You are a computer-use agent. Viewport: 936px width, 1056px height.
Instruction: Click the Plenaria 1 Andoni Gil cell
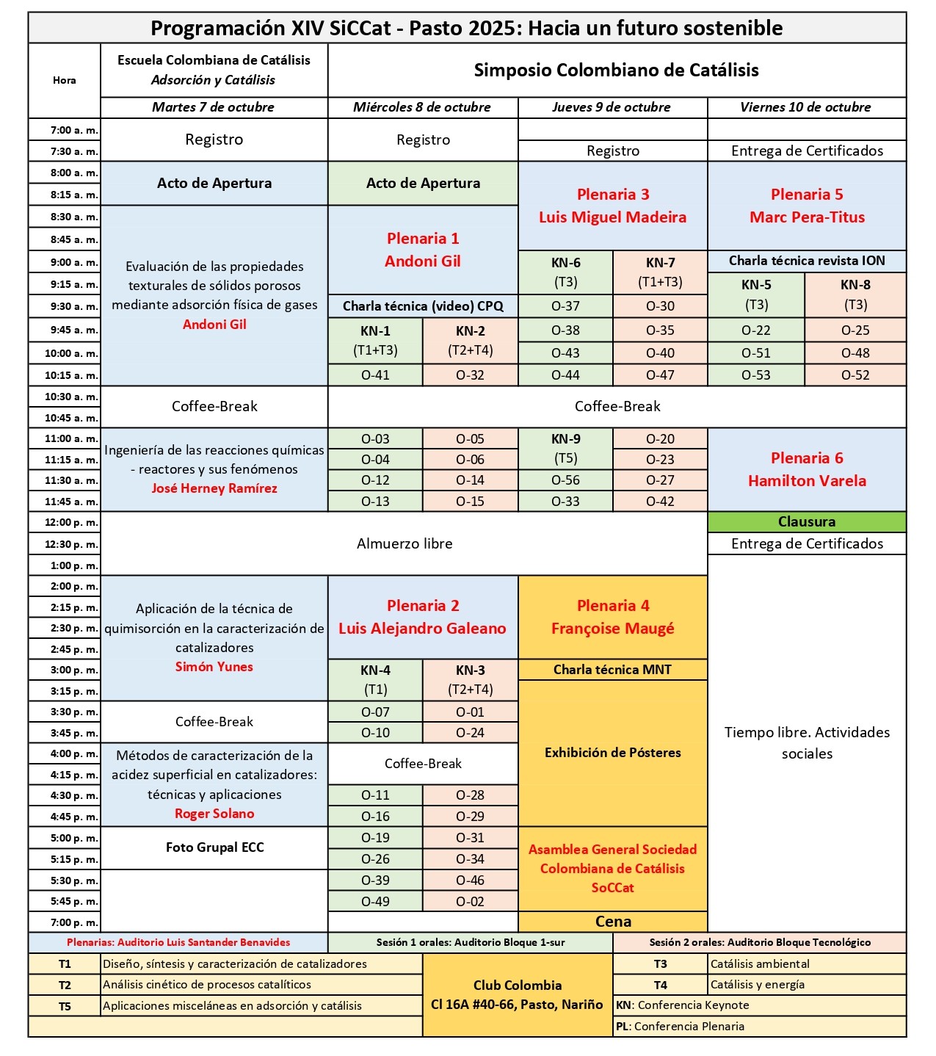pos(423,250)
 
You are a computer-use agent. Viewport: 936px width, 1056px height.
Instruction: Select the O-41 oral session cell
pos(375,375)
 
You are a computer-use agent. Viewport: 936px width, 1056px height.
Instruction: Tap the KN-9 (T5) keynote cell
pos(565,449)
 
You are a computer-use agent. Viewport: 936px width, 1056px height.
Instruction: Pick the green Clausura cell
pos(807,522)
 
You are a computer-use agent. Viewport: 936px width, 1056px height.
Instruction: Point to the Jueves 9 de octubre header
pos(612,107)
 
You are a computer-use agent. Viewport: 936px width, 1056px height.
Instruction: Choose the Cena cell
pos(613,922)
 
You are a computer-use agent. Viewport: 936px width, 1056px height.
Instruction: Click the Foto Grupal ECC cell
pos(214,847)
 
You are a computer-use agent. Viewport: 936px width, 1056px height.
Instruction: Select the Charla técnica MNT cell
pos(612,670)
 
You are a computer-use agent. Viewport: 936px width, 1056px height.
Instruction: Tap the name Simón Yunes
pos(214,667)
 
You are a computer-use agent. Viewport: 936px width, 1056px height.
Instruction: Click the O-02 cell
pos(470,902)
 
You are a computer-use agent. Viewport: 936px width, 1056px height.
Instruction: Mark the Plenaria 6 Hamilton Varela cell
pos(807,469)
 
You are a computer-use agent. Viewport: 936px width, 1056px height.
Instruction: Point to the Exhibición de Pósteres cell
pos(612,753)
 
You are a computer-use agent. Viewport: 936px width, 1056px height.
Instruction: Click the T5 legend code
pos(65,1006)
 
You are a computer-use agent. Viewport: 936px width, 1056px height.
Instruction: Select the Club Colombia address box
pos(518,995)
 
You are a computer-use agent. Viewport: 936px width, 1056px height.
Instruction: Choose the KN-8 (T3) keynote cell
pos(855,294)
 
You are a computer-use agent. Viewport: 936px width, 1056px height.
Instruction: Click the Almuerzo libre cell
pos(404,543)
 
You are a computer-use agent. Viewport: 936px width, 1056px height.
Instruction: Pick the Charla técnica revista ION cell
pos(807,261)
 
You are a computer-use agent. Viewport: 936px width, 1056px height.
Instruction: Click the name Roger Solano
pos(214,814)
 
